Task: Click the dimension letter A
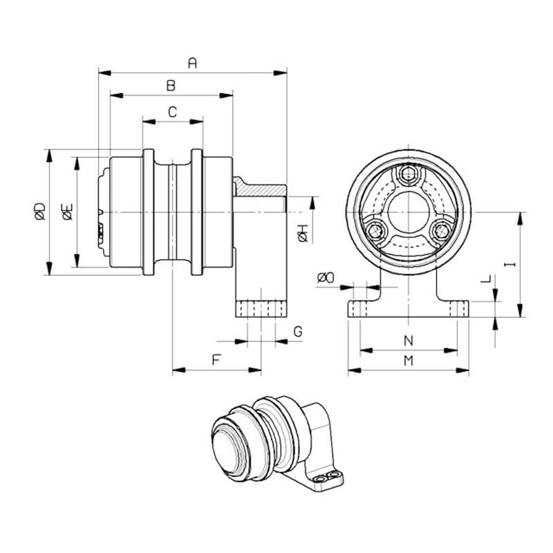point(192,63)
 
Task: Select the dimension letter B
point(171,85)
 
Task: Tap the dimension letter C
point(172,112)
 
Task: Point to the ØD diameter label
point(40,212)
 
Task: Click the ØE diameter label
point(67,212)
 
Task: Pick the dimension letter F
point(216,359)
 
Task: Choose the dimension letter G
point(298,332)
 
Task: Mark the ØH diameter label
point(303,234)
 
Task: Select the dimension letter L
point(486,279)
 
